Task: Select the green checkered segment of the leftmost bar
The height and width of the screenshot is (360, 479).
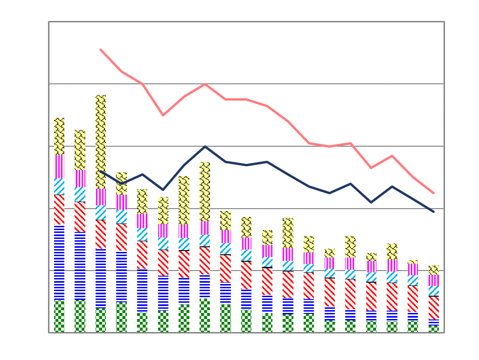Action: tap(59, 316)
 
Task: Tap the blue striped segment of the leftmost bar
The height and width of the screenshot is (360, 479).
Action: tap(59, 263)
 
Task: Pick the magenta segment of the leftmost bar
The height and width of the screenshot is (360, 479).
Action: tap(59, 166)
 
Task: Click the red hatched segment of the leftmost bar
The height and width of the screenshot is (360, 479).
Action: tap(59, 210)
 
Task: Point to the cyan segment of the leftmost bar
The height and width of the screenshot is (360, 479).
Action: tap(59, 186)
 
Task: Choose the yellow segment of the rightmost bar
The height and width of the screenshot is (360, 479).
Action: tap(434, 270)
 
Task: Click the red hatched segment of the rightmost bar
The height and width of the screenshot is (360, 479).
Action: tap(434, 307)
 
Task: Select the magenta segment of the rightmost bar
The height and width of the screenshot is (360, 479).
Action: tap(434, 280)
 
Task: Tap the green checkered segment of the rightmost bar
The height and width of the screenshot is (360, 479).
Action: tap(434, 328)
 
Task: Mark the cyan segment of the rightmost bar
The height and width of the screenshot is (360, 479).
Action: tap(434, 291)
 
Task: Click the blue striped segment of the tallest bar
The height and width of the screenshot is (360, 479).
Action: tap(101, 278)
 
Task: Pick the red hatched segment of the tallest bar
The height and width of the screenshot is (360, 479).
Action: tap(101, 234)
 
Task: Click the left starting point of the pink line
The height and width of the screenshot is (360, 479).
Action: tap(101, 49)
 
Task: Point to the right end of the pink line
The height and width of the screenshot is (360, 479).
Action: tap(434, 193)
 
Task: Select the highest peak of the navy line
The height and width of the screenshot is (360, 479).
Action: tap(205, 146)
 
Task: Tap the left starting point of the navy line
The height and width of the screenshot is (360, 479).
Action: tap(101, 171)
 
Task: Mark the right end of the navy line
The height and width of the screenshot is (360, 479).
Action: tap(434, 211)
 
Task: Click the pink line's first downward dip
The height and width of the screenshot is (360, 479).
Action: tap(163, 115)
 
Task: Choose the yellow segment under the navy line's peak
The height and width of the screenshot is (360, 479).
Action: tap(205, 191)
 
